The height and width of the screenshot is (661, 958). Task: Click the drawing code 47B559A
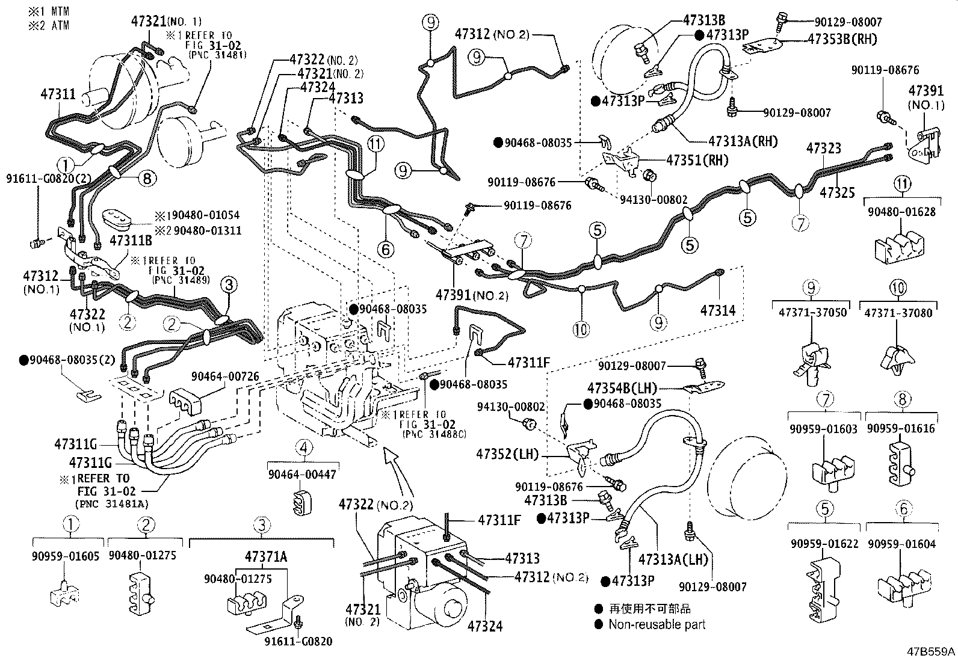[x=930, y=652]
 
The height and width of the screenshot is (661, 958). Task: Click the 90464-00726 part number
[x=225, y=377]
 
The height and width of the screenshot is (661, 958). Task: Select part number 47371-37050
[x=812, y=312]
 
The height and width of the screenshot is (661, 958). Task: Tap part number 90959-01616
[x=901, y=428]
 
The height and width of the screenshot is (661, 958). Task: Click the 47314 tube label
[x=718, y=310]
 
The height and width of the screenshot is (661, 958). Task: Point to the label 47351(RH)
[x=697, y=161]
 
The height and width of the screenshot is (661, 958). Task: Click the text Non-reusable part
[x=657, y=624]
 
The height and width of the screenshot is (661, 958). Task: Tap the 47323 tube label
[x=824, y=148]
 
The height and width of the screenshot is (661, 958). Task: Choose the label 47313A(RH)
[x=743, y=141]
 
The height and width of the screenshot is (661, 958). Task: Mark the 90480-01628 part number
[x=901, y=212]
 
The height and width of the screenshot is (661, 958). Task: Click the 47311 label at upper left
[x=58, y=94]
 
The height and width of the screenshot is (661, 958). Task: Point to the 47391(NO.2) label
[x=472, y=295]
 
